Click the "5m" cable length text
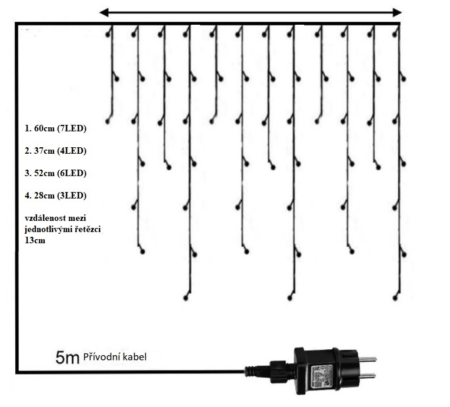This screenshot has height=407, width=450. pos(67,358)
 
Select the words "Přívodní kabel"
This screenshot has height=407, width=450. pos(115,357)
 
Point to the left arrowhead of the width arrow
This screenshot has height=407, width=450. pos(104,12)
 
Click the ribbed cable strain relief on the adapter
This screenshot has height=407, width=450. pos(261,370)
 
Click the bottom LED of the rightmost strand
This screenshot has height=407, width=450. pos(395,299)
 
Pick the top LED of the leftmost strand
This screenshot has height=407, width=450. pos(108,34)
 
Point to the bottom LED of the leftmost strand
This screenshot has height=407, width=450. pos(108,121)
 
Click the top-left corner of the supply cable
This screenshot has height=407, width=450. pos(17,24)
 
